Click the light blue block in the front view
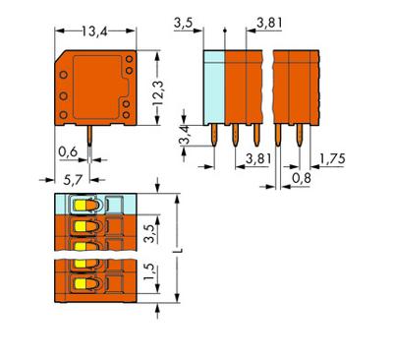click(215, 83)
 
